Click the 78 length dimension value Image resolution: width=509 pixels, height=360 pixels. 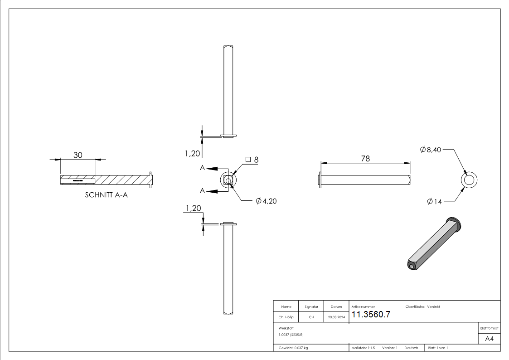(365, 158)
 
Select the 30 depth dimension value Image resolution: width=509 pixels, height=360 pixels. (78, 155)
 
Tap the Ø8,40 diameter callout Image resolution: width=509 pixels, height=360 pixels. (431, 149)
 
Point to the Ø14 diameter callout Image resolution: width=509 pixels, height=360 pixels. (434, 202)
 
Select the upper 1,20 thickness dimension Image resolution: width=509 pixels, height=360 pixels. (193, 154)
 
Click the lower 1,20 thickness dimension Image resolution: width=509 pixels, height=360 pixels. (193, 208)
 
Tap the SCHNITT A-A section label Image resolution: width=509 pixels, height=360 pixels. (106, 195)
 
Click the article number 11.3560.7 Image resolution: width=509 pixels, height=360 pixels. (371, 315)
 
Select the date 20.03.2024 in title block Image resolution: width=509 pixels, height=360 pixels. (336, 317)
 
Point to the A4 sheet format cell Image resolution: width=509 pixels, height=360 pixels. (489, 339)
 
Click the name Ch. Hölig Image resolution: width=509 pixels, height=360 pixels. (286, 317)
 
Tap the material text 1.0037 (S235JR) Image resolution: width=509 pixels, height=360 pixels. (291, 335)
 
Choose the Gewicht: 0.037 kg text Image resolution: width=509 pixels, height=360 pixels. (293, 348)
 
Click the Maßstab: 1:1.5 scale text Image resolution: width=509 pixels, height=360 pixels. (363, 348)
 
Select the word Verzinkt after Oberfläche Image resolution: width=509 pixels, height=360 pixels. (433, 307)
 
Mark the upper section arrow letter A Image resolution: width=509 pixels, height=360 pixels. (203, 168)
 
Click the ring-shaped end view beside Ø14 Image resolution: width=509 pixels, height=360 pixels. (469, 180)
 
